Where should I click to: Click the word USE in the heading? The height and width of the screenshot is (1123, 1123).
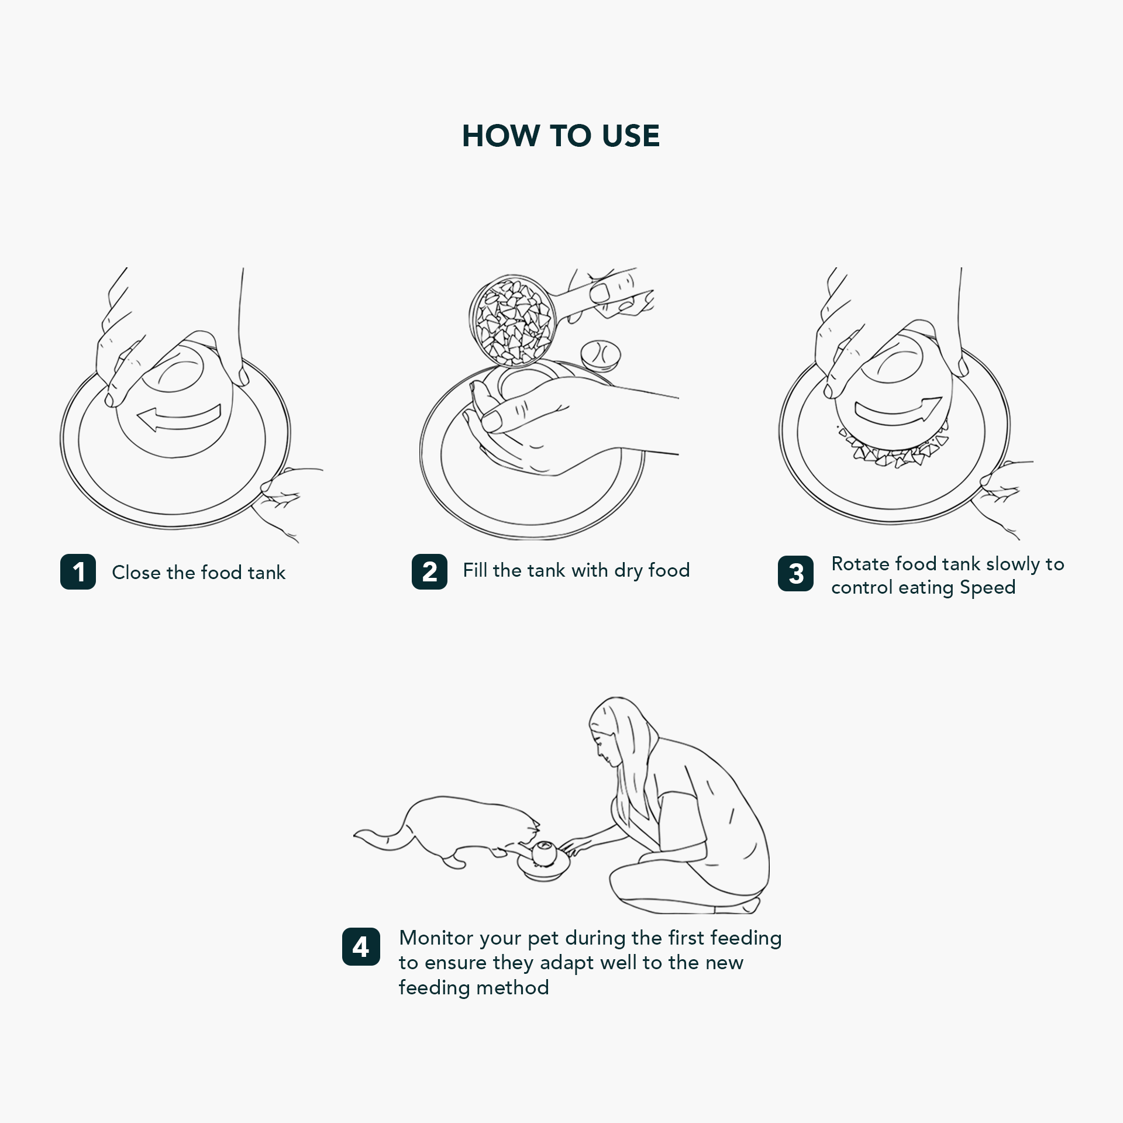(631, 136)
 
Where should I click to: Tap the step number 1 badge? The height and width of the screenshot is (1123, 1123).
(78, 571)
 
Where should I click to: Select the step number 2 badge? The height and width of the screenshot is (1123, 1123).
(429, 571)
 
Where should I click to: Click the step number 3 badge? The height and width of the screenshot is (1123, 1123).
(795, 573)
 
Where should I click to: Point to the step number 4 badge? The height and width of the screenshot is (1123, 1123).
(361, 946)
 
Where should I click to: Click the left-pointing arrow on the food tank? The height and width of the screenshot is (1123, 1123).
(178, 417)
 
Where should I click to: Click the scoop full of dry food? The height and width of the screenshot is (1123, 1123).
(514, 320)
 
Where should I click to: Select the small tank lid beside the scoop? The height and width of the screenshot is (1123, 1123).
(601, 355)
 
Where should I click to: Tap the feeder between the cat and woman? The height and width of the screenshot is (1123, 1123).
(543, 859)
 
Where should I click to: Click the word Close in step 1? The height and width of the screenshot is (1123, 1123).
(136, 572)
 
